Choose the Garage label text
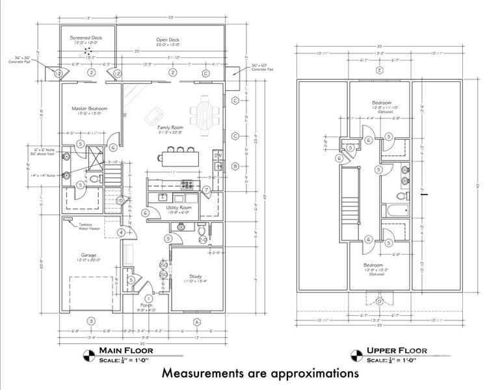point(88,255)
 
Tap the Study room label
point(195,276)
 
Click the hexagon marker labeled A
point(196,322)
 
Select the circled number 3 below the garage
point(92,321)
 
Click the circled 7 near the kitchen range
point(205,189)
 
